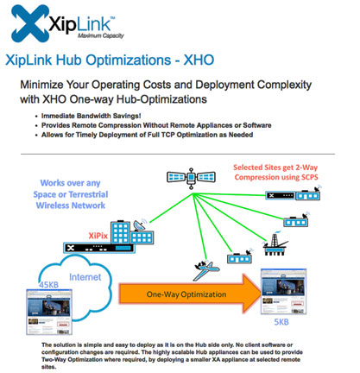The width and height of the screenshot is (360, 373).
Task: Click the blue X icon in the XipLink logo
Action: point(29,23)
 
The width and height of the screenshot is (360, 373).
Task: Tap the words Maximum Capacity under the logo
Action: point(101,35)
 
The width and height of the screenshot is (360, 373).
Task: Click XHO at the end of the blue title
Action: point(199,60)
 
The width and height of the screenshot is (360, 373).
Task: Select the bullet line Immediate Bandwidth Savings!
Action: point(92,116)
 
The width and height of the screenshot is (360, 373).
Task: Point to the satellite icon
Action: point(191,178)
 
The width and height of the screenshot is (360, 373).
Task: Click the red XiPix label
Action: point(98,236)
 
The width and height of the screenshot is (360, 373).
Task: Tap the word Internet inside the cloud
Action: point(85,277)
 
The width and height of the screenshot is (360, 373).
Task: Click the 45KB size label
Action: point(49,285)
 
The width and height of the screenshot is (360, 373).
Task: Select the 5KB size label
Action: point(281,321)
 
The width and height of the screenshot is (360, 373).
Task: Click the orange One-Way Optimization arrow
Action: point(190,294)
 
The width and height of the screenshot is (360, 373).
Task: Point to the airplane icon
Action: point(206,270)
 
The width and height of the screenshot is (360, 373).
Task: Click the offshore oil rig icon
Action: point(275,244)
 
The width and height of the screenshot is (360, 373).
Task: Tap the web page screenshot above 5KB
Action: point(283,291)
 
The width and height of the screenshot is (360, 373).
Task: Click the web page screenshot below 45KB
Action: point(49,312)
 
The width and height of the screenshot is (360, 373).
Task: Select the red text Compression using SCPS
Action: point(276,177)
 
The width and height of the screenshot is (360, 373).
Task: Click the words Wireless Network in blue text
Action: point(71,205)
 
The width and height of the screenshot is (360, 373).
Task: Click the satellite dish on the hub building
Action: point(140,225)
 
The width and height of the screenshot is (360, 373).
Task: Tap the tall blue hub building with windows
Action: point(120,232)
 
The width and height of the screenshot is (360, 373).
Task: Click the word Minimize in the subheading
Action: point(41,85)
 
